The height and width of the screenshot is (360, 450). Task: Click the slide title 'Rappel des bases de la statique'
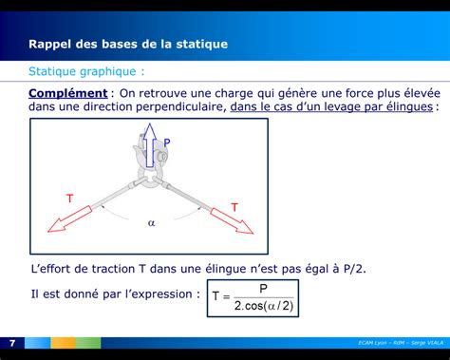point(128,44)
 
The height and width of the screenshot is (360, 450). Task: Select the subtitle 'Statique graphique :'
point(86,71)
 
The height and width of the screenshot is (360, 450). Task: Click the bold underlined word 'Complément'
point(67,93)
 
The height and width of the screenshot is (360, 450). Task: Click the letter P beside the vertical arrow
point(167,143)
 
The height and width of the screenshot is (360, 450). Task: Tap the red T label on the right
point(234,206)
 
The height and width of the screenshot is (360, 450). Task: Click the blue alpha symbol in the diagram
point(150,223)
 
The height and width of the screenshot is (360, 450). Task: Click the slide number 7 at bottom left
point(12,342)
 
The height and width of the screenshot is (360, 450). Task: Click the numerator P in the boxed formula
point(263,289)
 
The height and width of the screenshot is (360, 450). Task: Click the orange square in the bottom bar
point(63,342)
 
